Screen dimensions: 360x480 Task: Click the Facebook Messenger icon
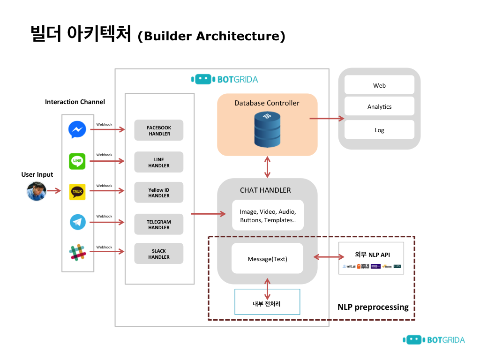(77, 130)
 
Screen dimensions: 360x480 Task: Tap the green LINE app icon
(77, 161)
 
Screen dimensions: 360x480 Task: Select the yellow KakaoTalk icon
(77, 191)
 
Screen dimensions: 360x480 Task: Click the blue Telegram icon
(78, 222)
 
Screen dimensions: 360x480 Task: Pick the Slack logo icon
(77, 252)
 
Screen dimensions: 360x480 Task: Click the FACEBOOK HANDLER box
(159, 130)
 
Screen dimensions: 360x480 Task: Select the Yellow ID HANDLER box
(159, 193)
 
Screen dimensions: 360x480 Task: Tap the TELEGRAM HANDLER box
(159, 225)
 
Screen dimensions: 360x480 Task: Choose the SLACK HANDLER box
(159, 254)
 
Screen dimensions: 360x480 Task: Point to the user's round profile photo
(37, 191)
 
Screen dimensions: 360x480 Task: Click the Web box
(379, 85)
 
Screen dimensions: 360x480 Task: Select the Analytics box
(379, 106)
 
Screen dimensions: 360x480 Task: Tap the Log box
(379, 130)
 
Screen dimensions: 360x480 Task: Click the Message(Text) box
(267, 258)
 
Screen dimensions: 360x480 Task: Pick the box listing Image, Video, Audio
(268, 216)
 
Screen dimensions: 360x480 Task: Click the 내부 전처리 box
(267, 303)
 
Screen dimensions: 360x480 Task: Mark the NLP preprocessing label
(373, 307)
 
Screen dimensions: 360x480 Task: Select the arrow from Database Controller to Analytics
(327, 119)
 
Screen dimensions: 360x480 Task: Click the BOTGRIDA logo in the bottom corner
(434, 340)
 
